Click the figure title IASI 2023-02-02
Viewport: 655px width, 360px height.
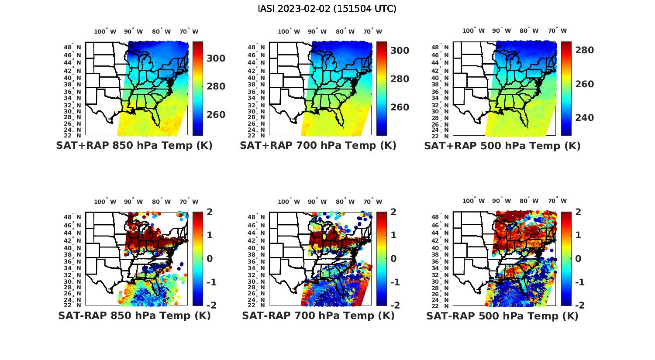point(327,9)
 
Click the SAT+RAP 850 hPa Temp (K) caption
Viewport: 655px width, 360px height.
point(134,146)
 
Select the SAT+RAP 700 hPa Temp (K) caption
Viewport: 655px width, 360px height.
point(318,146)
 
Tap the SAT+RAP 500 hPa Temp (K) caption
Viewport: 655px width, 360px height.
point(502,146)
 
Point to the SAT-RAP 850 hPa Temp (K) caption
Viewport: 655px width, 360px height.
point(134,315)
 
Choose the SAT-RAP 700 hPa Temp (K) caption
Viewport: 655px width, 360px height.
point(318,315)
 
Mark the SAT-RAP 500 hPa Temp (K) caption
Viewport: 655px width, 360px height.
point(502,316)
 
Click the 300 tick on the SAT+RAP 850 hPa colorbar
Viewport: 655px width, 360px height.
point(216,58)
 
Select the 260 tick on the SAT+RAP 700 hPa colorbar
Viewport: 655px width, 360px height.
point(400,107)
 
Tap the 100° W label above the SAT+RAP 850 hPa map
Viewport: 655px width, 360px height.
point(105,31)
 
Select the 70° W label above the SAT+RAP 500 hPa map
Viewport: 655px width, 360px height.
point(558,31)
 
